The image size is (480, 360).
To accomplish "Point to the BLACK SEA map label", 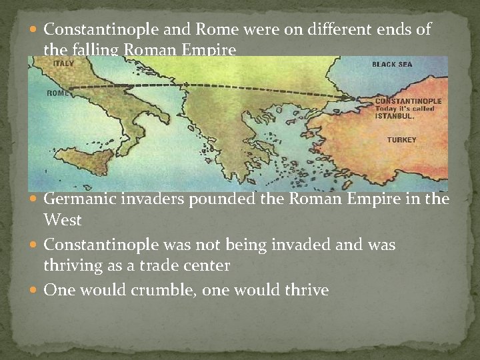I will [x=393, y=65].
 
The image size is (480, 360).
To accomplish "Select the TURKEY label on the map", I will [x=401, y=140].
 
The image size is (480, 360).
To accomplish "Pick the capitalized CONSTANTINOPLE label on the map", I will [x=399, y=101].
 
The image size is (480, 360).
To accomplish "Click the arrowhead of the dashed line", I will [x=352, y=99].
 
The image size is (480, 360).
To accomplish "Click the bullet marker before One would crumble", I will [x=35, y=291].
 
